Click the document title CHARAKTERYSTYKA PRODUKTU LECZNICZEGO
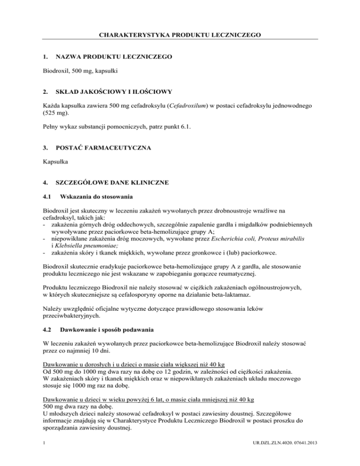[x=180, y=35]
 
